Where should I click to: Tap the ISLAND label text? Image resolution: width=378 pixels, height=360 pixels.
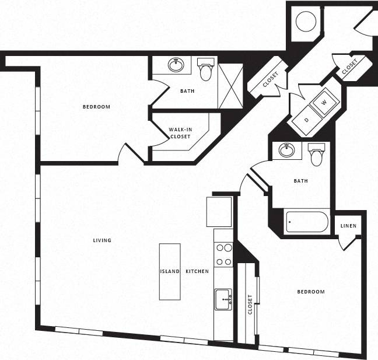tap(170, 272)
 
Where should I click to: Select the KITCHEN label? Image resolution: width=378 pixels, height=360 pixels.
tap(197, 272)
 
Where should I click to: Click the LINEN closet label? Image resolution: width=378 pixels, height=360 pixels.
tap(348, 226)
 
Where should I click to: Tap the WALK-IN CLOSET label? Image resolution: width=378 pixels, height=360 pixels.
tap(180, 133)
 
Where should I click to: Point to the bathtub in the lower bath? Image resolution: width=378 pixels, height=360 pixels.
tap(307, 222)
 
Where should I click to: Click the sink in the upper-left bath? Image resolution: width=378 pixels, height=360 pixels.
tap(176, 64)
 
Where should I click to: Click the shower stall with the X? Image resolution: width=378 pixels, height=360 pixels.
tap(230, 86)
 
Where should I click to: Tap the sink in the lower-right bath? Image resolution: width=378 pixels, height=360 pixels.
tap(286, 151)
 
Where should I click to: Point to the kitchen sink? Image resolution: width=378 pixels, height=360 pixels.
tap(223, 299)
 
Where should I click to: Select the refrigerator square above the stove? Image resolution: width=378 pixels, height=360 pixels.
tap(219, 211)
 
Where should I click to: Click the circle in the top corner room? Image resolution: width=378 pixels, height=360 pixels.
tap(306, 22)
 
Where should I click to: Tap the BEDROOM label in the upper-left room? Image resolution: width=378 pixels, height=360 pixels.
tap(96, 107)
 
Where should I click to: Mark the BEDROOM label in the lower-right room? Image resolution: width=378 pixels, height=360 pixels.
tap(310, 292)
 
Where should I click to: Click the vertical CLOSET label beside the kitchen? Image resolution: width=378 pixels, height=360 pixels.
tap(250, 304)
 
